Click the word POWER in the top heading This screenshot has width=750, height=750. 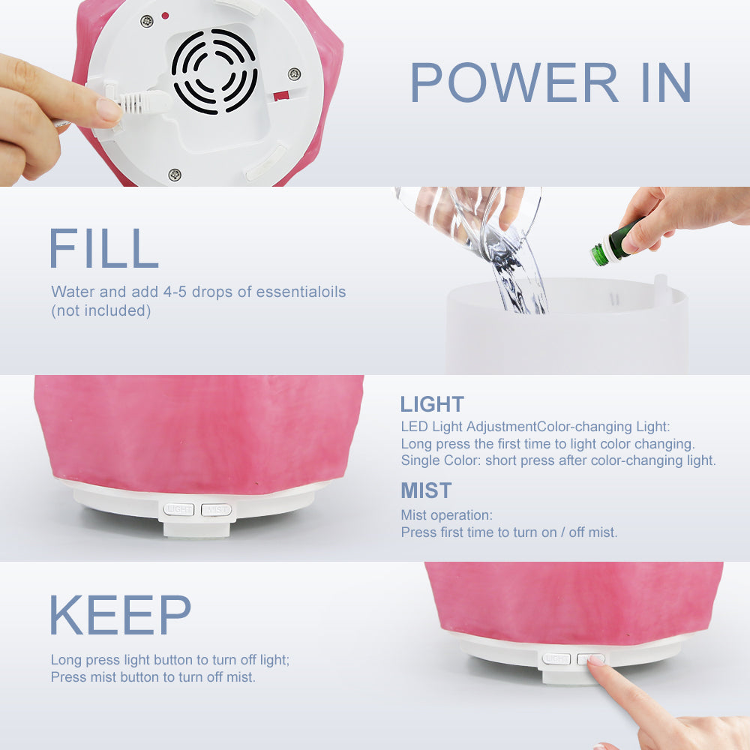[514, 82]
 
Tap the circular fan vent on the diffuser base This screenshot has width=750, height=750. [214, 71]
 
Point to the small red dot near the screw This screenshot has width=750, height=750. [165, 16]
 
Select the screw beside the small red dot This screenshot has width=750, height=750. [146, 20]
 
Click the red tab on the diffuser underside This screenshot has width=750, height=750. [281, 96]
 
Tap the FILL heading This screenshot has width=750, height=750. [103, 248]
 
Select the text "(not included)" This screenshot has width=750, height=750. [101, 311]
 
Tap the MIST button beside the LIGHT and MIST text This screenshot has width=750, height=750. [216, 510]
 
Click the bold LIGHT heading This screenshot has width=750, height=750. [432, 404]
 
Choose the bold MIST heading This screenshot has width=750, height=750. [426, 490]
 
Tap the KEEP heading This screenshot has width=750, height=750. [120, 615]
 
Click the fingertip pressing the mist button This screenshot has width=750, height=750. [596, 662]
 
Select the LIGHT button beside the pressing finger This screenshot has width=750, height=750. [556, 659]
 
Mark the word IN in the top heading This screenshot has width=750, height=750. [666, 82]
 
